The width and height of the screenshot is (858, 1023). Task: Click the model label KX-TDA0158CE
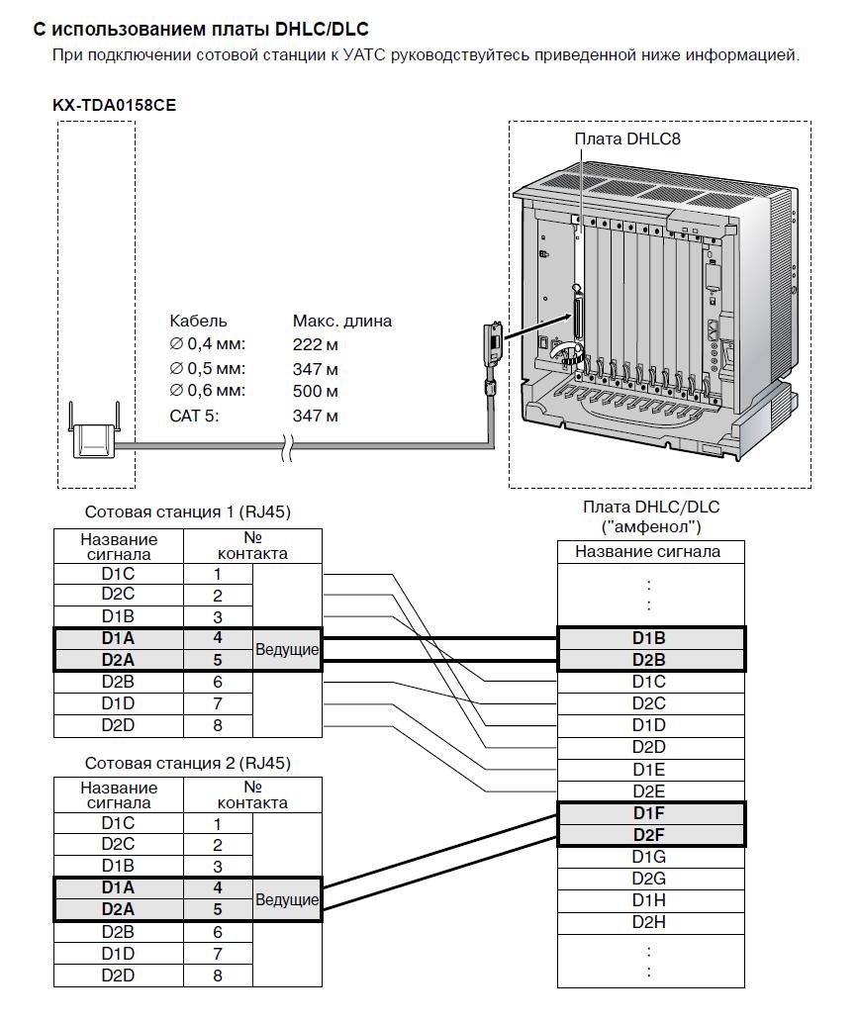click(114, 104)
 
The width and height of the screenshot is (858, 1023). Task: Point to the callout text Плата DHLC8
click(627, 139)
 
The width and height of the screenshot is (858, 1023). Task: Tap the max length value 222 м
click(316, 344)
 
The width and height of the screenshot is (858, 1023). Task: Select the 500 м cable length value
click(316, 391)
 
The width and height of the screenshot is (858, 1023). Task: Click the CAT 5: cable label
click(194, 416)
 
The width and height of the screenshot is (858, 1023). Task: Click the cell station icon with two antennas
click(96, 434)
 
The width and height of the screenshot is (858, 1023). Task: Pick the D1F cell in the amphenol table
click(649, 813)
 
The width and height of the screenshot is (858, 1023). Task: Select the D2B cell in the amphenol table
click(649, 660)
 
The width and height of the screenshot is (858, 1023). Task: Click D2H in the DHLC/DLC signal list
click(649, 922)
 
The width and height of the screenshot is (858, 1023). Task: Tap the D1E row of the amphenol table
click(649, 769)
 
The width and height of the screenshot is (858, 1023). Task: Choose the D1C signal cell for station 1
click(118, 574)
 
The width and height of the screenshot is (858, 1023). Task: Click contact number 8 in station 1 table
click(218, 726)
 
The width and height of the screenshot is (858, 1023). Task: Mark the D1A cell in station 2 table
click(118, 888)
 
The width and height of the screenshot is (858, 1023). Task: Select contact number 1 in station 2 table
click(218, 823)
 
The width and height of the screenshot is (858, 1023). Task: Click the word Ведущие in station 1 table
click(287, 650)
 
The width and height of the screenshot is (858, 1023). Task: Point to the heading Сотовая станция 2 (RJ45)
click(188, 764)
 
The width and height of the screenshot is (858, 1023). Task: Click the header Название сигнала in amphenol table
click(648, 552)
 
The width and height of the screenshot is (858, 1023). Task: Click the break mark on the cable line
click(285, 448)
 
